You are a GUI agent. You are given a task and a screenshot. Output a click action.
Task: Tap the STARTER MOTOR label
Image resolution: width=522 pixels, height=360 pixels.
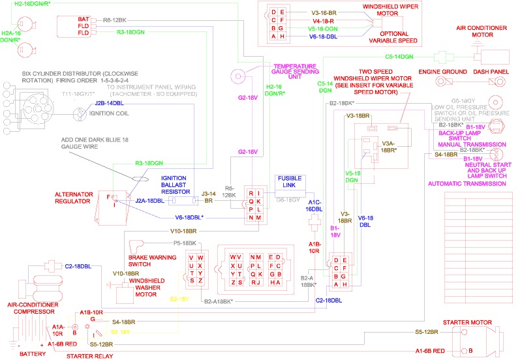pos(467,323)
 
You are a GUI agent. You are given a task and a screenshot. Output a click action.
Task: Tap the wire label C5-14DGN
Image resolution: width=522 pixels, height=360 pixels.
pos(400,57)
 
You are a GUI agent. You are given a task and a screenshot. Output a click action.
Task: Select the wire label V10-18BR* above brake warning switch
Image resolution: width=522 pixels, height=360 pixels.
pos(183,231)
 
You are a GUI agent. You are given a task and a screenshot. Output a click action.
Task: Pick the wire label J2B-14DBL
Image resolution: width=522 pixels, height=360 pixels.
pos(110,103)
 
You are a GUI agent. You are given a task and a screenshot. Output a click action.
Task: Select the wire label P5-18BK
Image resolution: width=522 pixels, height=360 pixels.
pos(185,243)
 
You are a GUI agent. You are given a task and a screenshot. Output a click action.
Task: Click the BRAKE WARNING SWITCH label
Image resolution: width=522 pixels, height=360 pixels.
pos(153,262)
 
